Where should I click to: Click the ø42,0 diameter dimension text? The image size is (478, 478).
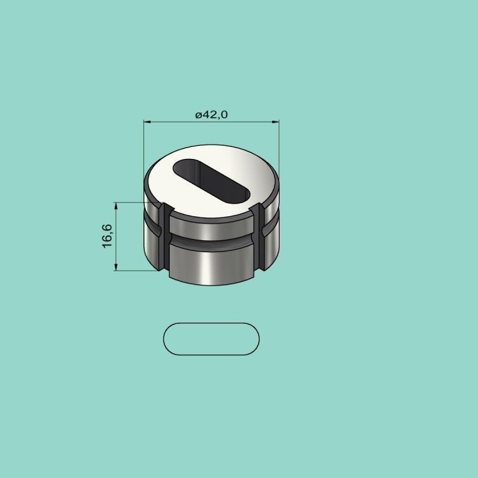pyautogui.click(x=212, y=115)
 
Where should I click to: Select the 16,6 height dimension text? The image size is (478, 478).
pyautogui.click(x=108, y=236)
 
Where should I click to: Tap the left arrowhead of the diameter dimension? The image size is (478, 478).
pyautogui.click(x=148, y=122)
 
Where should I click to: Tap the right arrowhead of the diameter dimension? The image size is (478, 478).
pyautogui.click(x=275, y=122)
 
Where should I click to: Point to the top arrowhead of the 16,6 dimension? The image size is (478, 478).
pyautogui.click(x=116, y=206)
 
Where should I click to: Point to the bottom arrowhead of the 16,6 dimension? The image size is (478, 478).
pyautogui.click(x=116, y=267)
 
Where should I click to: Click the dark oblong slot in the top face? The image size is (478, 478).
pyautogui.click(x=212, y=181)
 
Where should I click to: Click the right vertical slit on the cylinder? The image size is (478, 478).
pyautogui.click(x=259, y=237)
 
